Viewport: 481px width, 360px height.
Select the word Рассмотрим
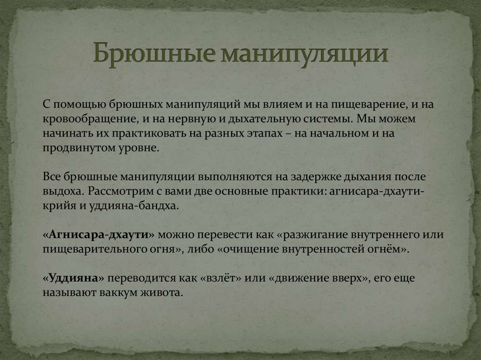coord(124,191)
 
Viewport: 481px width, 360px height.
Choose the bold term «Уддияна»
coord(73,278)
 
